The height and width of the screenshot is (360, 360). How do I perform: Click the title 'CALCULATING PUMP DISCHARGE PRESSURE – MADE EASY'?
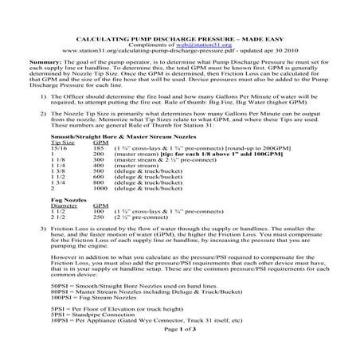point(180,37)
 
